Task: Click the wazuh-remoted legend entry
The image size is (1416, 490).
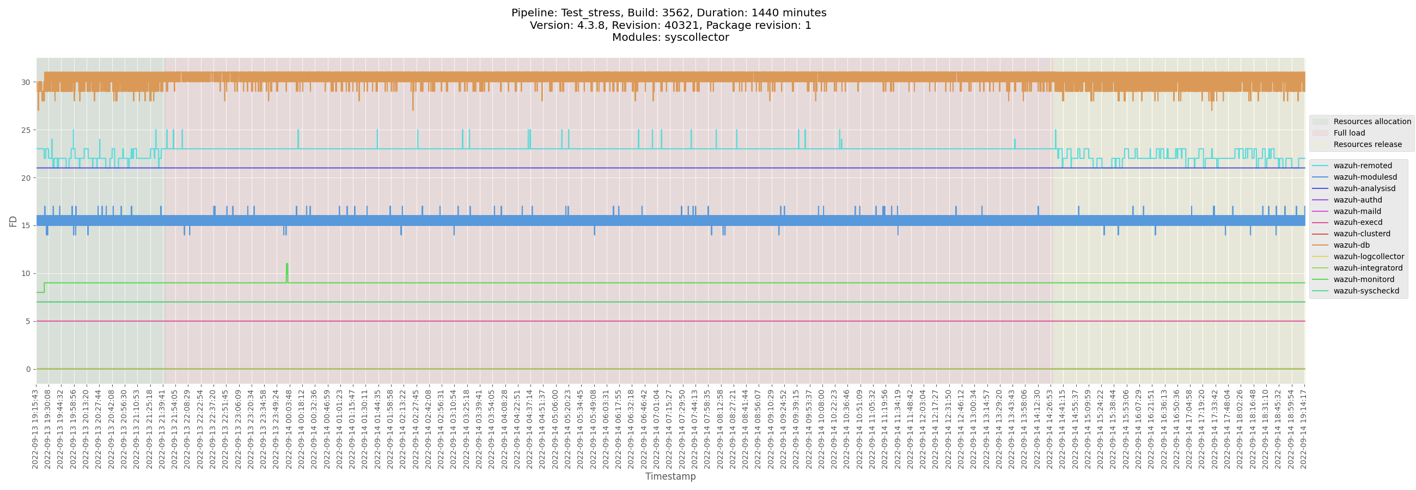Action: pos(1362,166)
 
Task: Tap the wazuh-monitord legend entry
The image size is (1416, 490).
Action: pos(1363,279)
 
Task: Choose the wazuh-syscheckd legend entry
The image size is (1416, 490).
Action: pos(1366,291)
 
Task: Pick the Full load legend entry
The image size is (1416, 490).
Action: pos(1349,133)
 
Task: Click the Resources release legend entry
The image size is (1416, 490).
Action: pos(1367,144)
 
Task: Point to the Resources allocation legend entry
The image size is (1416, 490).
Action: pos(1371,121)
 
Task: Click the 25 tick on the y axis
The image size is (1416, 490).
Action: pos(26,130)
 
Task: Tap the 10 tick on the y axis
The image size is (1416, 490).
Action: pos(26,273)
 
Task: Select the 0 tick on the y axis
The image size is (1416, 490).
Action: pos(28,369)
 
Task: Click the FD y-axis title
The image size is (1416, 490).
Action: pos(13,222)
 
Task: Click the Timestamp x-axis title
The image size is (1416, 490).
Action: pos(670,476)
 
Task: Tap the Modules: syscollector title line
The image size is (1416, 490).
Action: pos(670,38)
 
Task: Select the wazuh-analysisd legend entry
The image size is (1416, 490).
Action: pos(1364,188)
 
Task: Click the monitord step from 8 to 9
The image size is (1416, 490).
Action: pos(44,288)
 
